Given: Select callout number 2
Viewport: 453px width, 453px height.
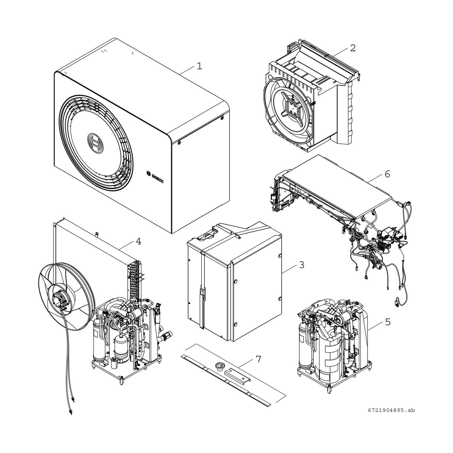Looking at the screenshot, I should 353,48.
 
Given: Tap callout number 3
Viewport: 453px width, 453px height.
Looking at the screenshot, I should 301,265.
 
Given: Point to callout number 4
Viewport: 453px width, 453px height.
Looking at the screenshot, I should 138,241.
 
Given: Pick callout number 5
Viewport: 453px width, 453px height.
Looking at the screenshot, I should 388,322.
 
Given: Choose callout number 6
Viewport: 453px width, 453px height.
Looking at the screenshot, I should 387,174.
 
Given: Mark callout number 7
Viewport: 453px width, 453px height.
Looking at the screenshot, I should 258,359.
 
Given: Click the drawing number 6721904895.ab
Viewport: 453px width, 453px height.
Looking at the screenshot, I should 391,410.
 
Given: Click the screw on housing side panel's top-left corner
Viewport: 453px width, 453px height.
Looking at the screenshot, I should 179,143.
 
